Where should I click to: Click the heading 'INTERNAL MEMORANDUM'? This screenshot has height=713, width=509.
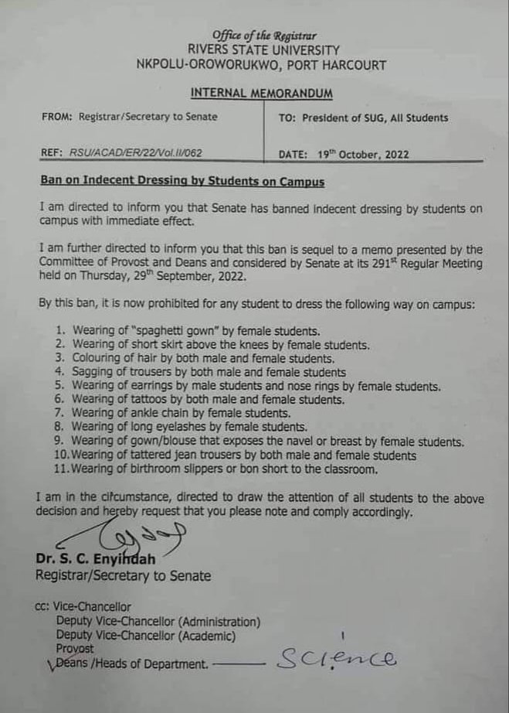(262, 94)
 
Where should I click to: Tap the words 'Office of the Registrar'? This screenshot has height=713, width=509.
(264, 36)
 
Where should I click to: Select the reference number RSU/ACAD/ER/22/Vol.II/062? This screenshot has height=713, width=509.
(136, 153)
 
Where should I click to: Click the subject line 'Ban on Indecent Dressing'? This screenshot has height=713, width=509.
(182, 183)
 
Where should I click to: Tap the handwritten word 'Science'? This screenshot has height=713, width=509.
(337, 658)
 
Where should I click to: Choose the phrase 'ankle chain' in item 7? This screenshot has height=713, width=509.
(150, 414)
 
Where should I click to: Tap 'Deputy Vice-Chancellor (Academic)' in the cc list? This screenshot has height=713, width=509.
(146, 636)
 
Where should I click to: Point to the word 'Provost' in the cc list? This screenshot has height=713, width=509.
(75, 650)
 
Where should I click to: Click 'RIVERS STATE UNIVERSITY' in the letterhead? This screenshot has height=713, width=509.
(263, 50)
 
